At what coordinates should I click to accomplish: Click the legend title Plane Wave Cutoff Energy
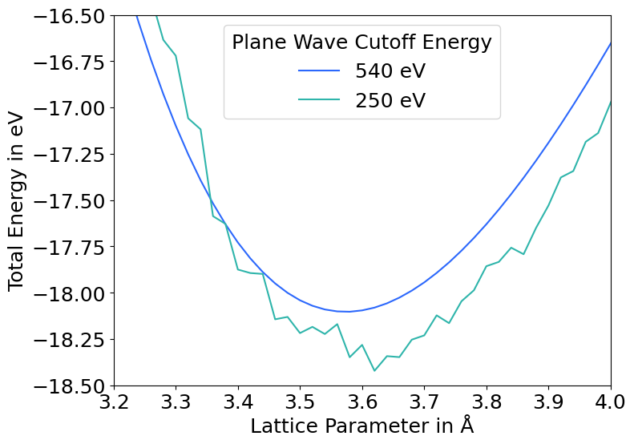[361, 42]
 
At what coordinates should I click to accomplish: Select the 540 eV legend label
[390, 71]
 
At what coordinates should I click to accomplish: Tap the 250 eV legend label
[390, 101]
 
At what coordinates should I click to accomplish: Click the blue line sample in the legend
[319, 71]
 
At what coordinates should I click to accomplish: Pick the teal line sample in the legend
[319, 101]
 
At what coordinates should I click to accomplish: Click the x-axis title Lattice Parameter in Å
[361, 426]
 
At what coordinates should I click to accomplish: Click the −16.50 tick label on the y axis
[71, 16]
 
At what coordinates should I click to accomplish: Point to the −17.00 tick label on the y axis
[71, 108]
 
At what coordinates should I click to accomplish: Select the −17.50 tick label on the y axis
[71, 201]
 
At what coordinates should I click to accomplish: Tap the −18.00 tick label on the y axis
[71, 293]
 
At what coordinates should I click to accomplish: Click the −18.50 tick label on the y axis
[71, 385]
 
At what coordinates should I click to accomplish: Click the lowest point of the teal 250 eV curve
[374, 370]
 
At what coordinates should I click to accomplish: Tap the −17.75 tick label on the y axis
[71, 247]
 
